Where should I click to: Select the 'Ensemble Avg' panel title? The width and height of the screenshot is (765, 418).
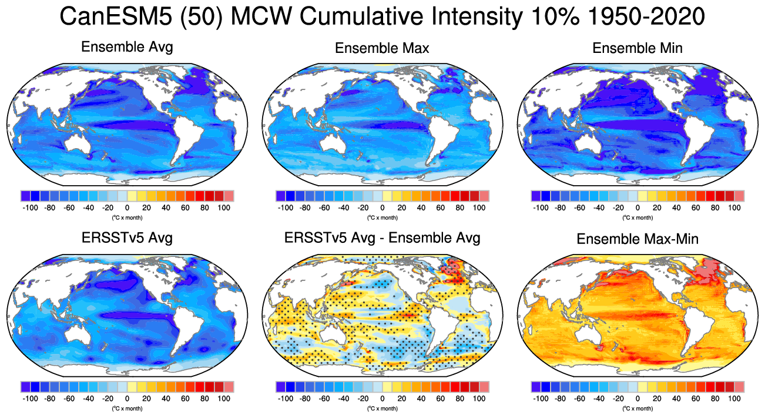click(x=127, y=47)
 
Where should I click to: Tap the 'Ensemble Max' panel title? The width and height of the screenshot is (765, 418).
click(x=382, y=48)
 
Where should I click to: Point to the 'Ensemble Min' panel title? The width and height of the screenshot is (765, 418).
click(x=637, y=48)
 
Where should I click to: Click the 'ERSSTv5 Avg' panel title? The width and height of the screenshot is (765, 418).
click(x=127, y=238)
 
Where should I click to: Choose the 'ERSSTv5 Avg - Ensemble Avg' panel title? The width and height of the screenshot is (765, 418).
click(x=382, y=238)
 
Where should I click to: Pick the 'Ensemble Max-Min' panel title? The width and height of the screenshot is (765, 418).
click(x=637, y=239)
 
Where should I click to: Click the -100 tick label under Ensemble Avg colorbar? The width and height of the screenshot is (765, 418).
click(x=30, y=208)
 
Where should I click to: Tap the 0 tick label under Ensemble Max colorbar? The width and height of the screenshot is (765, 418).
click(x=382, y=208)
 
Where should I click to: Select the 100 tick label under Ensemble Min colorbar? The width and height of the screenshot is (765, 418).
click(x=734, y=208)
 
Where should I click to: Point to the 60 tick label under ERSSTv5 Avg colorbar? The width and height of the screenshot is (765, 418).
click(x=185, y=399)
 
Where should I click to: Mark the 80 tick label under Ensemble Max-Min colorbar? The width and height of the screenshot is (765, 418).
click(x=715, y=399)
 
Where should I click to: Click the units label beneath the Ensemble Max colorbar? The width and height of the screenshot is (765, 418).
click(x=382, y=218)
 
